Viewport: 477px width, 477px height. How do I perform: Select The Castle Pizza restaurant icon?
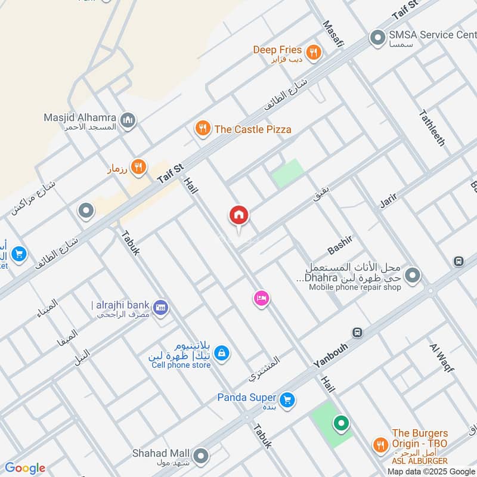point(203,129)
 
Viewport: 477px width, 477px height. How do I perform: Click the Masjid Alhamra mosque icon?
point(128,122)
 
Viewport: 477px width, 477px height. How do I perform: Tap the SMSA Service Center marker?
point(377,38)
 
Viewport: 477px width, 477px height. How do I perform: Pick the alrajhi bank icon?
point(160,308)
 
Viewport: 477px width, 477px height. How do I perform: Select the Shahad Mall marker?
point(201,456)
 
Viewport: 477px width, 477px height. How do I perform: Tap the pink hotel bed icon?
point(261,298)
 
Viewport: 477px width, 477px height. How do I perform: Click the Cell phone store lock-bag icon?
point(221,354)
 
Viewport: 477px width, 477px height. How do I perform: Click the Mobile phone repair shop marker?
point(412,275)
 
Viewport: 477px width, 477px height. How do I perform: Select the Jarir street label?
point(393,197)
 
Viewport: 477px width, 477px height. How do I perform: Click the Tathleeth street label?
point(432,128)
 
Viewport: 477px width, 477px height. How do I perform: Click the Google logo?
point(25,468)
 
